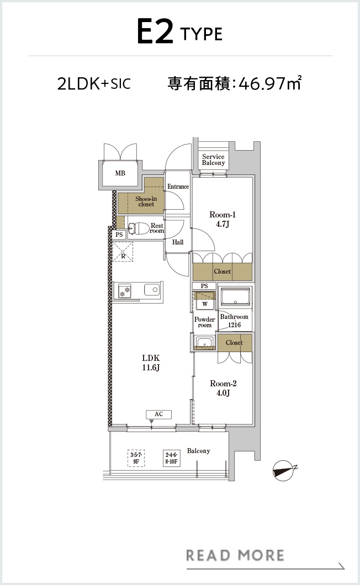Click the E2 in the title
pos(155,31)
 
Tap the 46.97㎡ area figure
pos(270,83)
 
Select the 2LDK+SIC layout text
pos(94,83)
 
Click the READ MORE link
pos(235,555)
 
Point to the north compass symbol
pos(284,470)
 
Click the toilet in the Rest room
pos(139,228)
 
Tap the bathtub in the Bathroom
pos(235,297)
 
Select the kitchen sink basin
pos(152,290)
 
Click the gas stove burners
pos(125,290)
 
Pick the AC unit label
pos(158,414)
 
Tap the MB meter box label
pos(120,173)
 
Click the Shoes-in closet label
pos(146,201)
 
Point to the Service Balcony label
pos(213,159)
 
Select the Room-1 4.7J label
pos(222,219)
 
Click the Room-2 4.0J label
pos(223,387)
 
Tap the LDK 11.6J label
pos(151,363)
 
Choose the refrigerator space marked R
pos(123,252)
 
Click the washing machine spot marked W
pos(205,304)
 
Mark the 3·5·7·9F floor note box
pos(136,459)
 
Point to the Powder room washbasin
pos(204,343)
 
